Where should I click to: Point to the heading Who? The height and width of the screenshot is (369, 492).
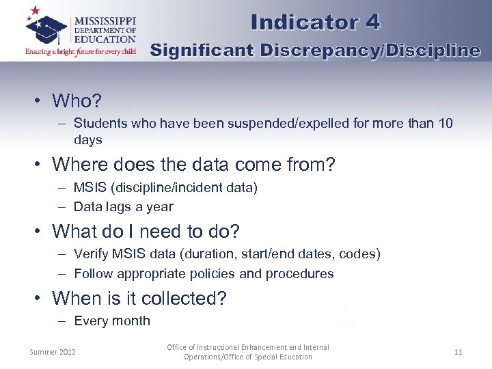click(77, 101)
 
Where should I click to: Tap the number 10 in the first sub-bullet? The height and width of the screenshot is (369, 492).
click(445, 124)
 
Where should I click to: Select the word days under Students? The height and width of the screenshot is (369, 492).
click(87, 140)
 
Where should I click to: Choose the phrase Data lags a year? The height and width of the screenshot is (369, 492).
click(123, 206)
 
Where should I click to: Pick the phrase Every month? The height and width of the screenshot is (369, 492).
click(111, 321)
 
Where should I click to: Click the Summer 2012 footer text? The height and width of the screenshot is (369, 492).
click(53, 352)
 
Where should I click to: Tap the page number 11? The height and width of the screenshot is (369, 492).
click(458, 352)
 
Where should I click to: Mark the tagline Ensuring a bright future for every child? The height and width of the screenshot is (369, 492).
click(81, 51)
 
